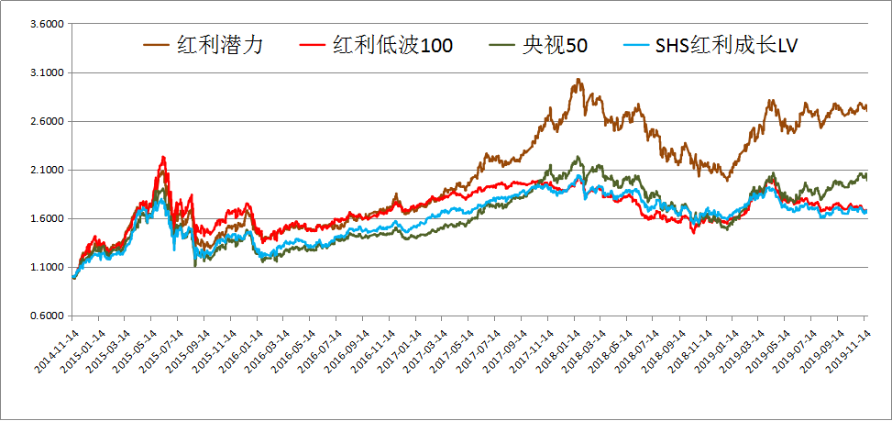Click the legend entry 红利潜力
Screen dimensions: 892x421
pyautogui.click(x=220, y=46)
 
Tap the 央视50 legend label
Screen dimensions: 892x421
pyautogui.click(x=556, y=46)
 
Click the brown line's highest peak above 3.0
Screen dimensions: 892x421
pyautogui.click(x=578, y=79)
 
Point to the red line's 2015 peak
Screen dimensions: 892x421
pyautogui.click(x=163, y=157)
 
